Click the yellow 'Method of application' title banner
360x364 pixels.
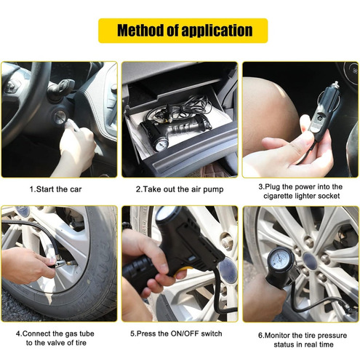click(x=183, y=31)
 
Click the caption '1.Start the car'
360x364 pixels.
click(x=55, y=189)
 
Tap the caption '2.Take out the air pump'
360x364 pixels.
click(x=180, y=189)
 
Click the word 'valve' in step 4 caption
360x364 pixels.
click(x=57, y=343)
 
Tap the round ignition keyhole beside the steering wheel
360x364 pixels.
click(x=60, y=117)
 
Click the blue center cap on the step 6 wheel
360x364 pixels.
click(x=311, y=261)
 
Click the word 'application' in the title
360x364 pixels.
click(x=217, y=31)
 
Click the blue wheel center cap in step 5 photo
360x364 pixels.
click(x=228, y=270)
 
